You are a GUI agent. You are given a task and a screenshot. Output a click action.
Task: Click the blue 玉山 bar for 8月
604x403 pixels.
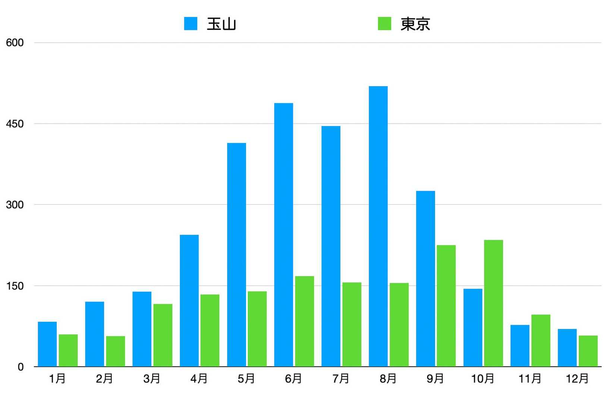(378, 226)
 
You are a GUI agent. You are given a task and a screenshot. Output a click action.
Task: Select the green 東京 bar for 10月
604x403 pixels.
(493, 303)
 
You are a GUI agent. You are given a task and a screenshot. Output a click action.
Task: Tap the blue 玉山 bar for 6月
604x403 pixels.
(283, 235)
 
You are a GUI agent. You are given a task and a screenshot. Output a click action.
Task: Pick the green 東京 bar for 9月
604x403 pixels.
(446, 306)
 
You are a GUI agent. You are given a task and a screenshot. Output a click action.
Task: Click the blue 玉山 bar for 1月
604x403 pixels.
(47, 344)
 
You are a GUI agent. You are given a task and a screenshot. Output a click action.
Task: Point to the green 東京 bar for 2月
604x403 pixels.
(115, 351)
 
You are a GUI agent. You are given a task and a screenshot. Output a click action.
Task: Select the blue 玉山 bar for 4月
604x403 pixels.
(189, 300)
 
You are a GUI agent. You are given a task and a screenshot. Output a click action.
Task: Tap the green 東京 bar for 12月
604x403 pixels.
(588, 351)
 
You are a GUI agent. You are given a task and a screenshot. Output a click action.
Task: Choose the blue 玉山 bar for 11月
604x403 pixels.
(520, 346)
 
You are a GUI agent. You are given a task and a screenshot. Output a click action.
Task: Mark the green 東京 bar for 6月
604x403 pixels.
(304, 321)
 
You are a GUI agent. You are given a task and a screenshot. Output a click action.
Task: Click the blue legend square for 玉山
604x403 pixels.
(191, 24)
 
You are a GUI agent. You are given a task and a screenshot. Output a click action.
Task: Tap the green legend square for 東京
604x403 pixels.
(384, 24)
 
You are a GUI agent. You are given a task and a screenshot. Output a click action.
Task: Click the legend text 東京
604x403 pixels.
(415, 24)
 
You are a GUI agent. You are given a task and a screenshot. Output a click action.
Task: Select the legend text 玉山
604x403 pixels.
(221, 24)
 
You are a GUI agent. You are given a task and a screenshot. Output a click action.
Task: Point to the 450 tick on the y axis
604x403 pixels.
(15, 124)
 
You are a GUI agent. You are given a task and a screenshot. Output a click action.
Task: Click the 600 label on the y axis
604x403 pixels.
(15, 43)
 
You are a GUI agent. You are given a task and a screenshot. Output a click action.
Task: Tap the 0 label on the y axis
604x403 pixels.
(21, 367)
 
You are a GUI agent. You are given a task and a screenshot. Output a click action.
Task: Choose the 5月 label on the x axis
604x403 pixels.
(246, 379)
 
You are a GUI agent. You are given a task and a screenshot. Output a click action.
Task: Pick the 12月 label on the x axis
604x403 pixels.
(577, 379)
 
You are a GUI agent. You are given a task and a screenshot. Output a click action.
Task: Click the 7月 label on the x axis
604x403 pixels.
(341, 379)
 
